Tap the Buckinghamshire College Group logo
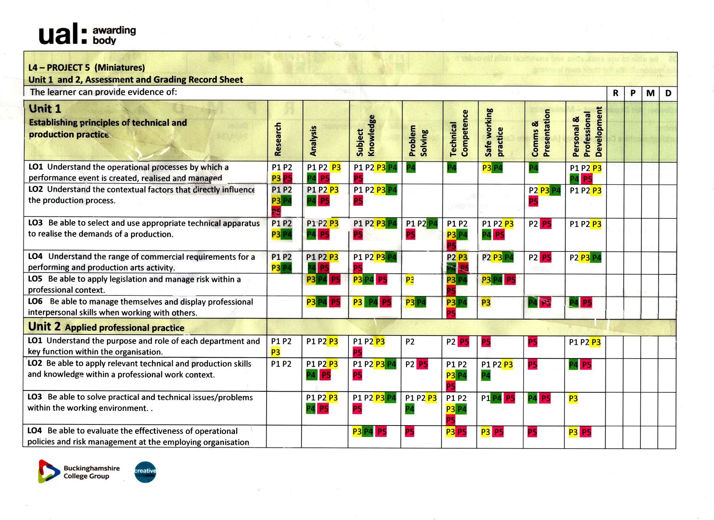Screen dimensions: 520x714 [x=79, y=472]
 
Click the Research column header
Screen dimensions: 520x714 [x=278, y=139]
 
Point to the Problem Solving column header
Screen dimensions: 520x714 [x=418, y=141]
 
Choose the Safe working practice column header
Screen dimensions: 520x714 [x=494, y=132]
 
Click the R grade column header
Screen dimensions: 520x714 [x=616, y=93]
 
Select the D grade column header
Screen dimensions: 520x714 [x=668, y=93]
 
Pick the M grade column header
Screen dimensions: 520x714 [x=650, y=93]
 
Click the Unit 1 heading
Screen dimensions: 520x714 [x=45, y=109]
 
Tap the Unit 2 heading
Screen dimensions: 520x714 [x=44, y=327]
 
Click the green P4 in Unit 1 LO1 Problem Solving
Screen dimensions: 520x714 [x=411, y=168]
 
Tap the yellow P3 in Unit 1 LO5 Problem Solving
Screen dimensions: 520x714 [x=409, y=280]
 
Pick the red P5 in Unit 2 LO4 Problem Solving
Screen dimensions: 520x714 [x=409, y=432]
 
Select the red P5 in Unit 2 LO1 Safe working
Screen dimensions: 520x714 [x=486, y=342]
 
